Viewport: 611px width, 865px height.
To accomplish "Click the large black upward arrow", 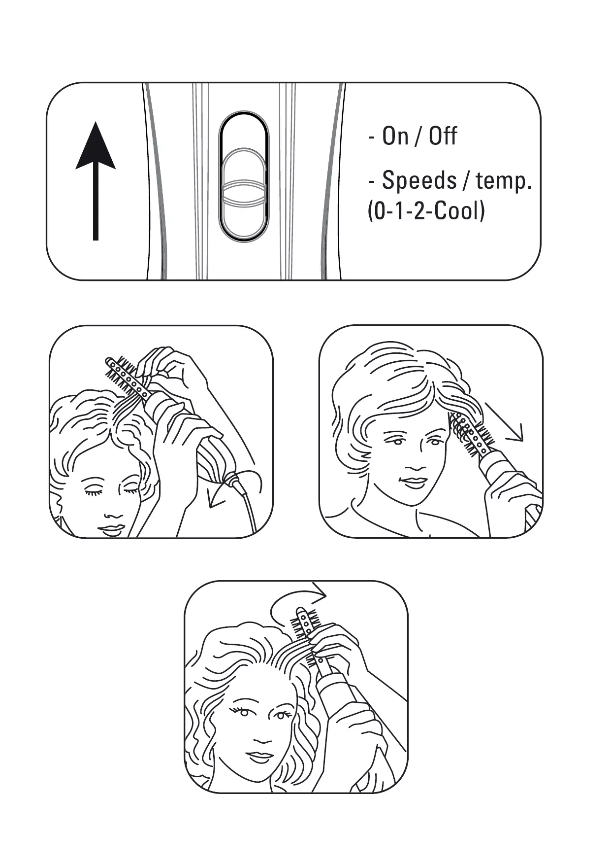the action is pyautogui.click(x=96, y=181).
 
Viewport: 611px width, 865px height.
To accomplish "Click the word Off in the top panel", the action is pyautogui.click(x=443, y=136).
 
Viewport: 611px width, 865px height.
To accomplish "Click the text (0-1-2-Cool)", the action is pyautogui.click(x=426, y=211).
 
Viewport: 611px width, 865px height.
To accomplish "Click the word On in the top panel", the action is pyautogui.click(x=395, y=136).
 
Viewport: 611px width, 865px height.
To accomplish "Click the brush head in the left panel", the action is pyautogui.click(x=128, y=379).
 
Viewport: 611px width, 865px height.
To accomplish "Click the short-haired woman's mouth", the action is pyautogui.click(x=410, y=482).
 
